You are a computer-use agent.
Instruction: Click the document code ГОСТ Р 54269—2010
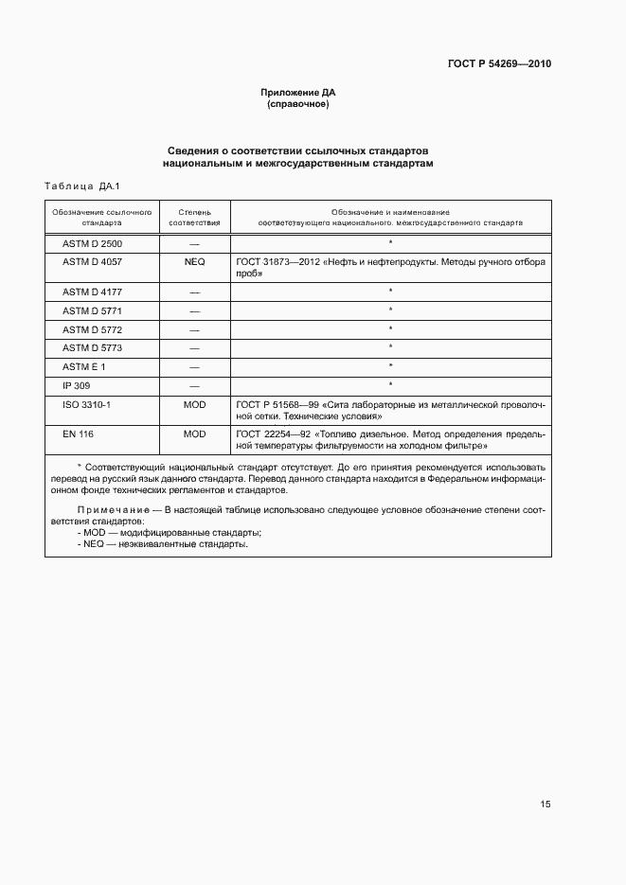[498, 64]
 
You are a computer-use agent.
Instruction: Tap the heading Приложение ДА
[298, 92]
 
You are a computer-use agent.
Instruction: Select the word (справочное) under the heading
[298, 104]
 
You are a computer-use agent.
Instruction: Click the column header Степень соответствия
[194, 218]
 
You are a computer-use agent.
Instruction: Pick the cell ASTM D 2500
[92, 243]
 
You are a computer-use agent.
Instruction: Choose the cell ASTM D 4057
[92, 262]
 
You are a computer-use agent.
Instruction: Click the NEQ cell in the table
[194, 262]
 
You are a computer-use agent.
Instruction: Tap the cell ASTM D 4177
[92, 292]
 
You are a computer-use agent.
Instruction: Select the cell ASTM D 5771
[92, 310]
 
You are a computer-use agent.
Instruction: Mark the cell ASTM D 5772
[92, 329]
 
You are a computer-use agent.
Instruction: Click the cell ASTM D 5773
[92, 347]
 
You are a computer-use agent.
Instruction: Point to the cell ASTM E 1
[84, 366]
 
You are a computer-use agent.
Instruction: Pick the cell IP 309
[77, 385]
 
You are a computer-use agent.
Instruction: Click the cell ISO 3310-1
[86, 404]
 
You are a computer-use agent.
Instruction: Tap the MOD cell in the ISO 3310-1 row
[194, 404]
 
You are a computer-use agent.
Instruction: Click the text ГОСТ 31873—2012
[277, 262]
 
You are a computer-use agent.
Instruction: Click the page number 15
[546, 805]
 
